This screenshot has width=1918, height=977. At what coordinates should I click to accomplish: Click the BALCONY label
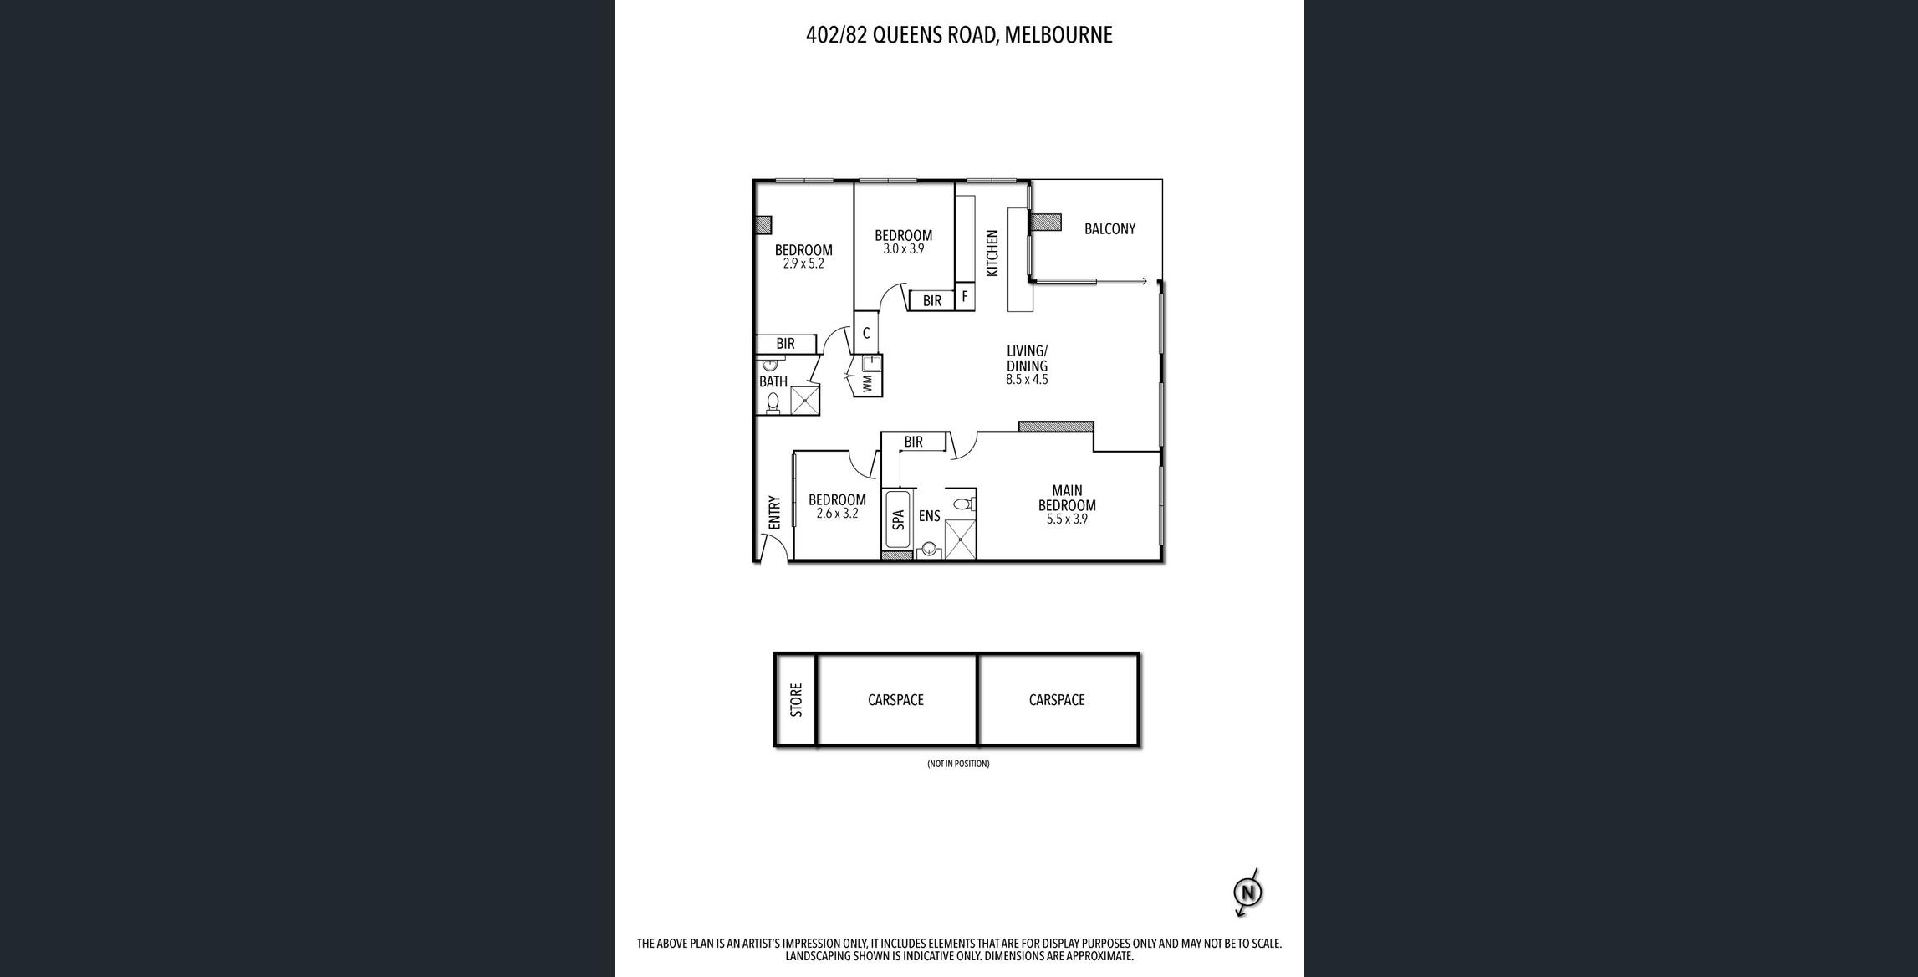click(1109, 229)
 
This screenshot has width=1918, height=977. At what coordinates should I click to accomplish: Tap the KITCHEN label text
click(992, 253)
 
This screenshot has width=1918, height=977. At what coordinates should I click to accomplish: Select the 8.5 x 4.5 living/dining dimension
click(1027, 380)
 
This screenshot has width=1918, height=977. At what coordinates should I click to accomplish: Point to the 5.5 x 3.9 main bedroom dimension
click(1067, 519)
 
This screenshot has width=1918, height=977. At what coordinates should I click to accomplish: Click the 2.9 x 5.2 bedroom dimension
click(803, 263)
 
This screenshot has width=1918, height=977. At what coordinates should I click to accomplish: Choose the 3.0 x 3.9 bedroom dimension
click(904, 249)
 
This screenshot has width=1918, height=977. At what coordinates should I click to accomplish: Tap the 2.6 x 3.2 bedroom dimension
click(837, 514)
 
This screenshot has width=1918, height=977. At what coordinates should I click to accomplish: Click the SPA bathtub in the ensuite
click(898, 519)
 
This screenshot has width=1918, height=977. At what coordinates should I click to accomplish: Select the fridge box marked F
click(965, 297)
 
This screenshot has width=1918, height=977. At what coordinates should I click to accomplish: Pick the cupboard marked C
click(866, 333)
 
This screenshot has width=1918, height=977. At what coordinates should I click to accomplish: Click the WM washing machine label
click(867, 384)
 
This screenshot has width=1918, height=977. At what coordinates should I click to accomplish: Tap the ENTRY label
click(774, 513)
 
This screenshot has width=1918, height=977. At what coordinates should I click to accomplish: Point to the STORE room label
click(796, 700)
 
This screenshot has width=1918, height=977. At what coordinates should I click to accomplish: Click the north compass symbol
click(1247, 893)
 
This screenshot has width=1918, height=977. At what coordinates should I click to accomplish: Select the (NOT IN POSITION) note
click(958, 764)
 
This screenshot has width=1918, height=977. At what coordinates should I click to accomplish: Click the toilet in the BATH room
click(773, 403)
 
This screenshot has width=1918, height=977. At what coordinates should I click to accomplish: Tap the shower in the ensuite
click(960, 540)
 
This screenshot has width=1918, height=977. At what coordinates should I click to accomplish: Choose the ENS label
click(929, 517)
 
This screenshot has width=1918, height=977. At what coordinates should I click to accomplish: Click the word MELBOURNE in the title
click(1058, 35)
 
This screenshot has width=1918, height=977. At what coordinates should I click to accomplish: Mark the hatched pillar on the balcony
click(1045, 223)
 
